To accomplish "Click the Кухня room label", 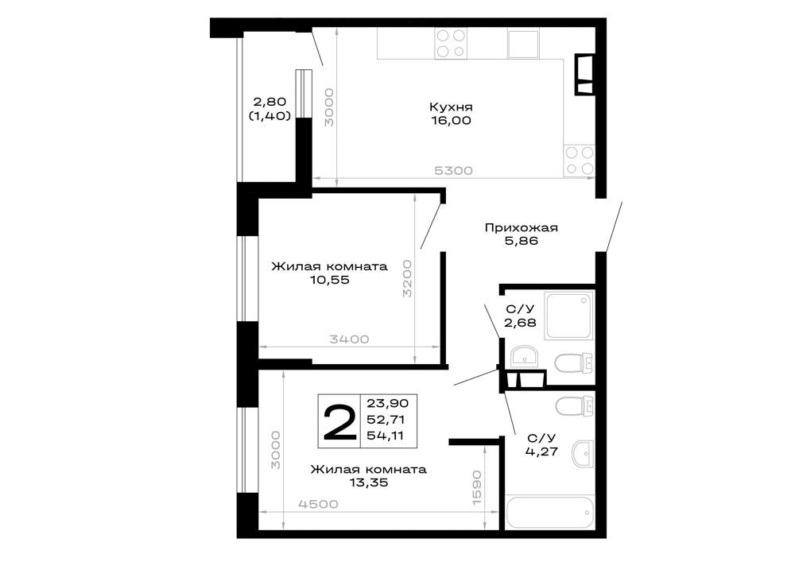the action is pyautogui.click(x=451, y=107).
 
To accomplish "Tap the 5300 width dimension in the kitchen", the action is pyautogui.click(x=453, y=171).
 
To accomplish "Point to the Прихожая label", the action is pyautogui.click(x=522, y=227).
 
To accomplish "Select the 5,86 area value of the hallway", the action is pyautogui.click(x=522, y=241).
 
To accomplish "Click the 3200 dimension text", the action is pyautogui.click(x=407, y=278).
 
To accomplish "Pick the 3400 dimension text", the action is pyautogui.click(x=349, y=339).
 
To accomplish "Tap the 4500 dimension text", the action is pyautogui.click(x=318, y=504).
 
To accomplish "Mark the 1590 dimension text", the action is pyautogui.click(x=476, y=487).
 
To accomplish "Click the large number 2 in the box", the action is pyautogui.click(x=339, y=421).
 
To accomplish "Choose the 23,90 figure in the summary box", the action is pyautogui.click(x=388, y=403).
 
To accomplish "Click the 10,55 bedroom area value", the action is pyautogui.click(x=330, y=280).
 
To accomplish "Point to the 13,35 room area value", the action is pyautogui.click(x=369, y=483).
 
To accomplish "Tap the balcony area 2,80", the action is pyautogui.click(x=270, y=103).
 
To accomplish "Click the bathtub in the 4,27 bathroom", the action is pyautogui.click(x=549, y=513).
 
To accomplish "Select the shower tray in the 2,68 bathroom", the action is pyautogui.click(x=569, y=316).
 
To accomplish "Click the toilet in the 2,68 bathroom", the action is pyautogui.click(x=574, y=363).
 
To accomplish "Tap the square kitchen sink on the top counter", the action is pyautogui.click(x=523, y=44).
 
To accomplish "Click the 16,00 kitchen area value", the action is pyautogui.click(x=452, y=121).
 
